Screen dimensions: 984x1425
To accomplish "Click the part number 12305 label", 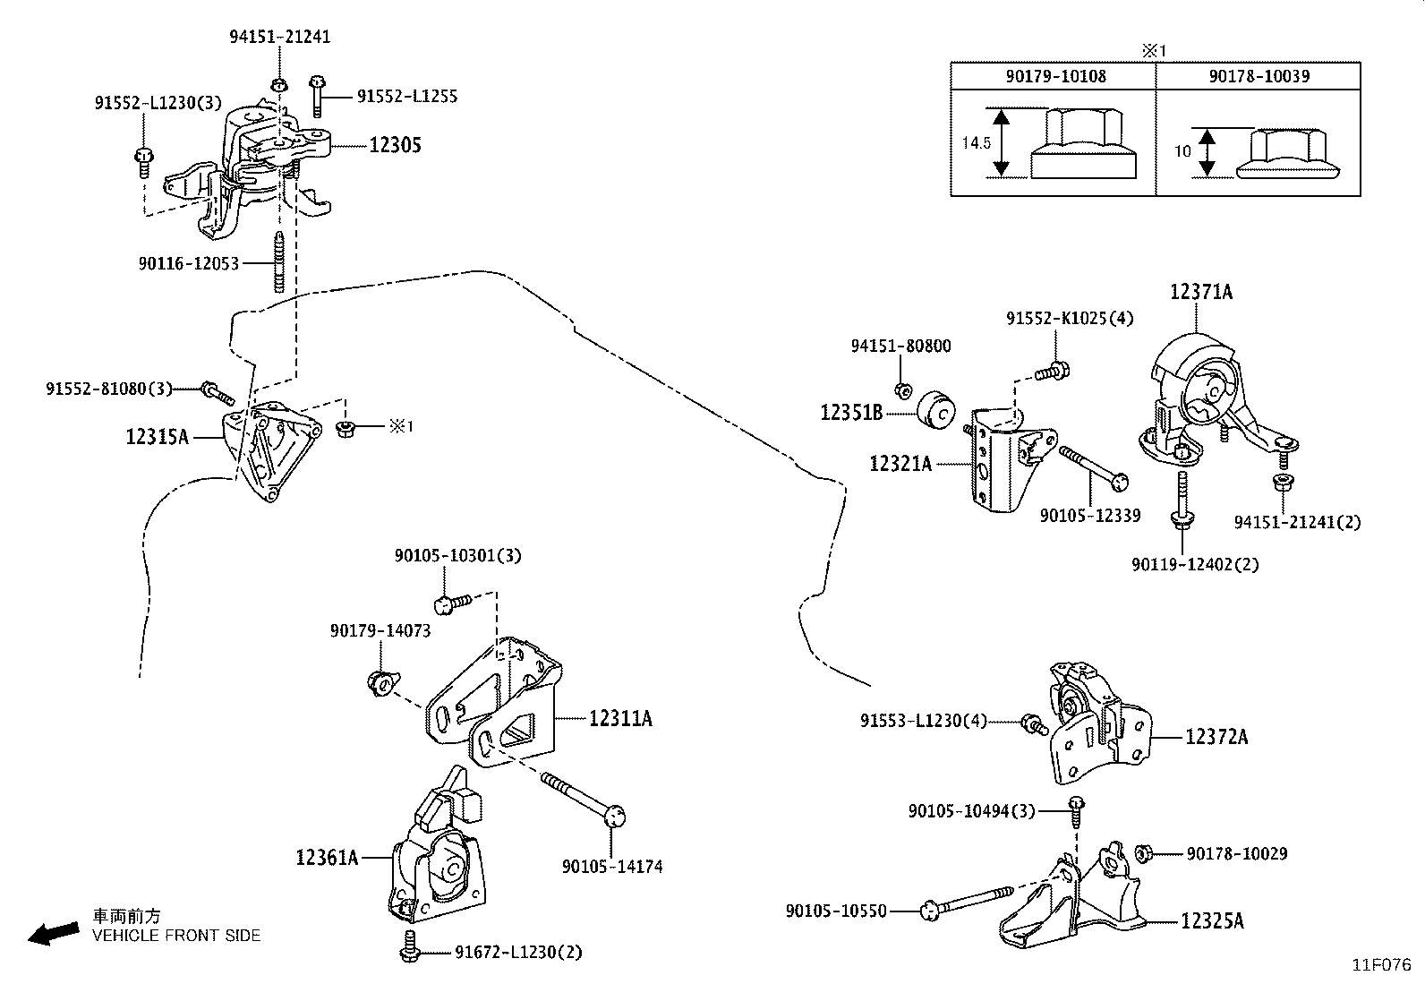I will pyautogui.click(x=395, y=145).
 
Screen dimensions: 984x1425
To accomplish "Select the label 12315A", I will pyautogui.click(x=158, y=437).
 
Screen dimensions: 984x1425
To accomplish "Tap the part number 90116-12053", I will pyautogui.click(x=189, y=263).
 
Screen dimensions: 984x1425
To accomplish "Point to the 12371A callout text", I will pyautogui.click(x=1201, y=292).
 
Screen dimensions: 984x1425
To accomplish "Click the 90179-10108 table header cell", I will pyautogui.click(x=1054, y=76).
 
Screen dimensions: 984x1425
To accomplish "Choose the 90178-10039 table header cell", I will pyautogui.click(x=1259, y=76).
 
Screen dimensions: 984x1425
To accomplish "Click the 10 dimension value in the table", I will pyautogui.click(x=1182, y=151).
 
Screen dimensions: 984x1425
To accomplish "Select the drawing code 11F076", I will pyautogui.click(x=1381, y=965).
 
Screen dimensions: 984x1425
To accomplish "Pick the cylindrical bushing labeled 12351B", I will pyautogui.click(x=938, y=411).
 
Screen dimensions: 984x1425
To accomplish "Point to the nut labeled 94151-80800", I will pyautogui.click(x=904, y=390).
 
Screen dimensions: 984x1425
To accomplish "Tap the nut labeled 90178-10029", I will pyautogui.click(x=1143, y=853).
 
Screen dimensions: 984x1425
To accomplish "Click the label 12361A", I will pyautogui.click(x=327, y=858).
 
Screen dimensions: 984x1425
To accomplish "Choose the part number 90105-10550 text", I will pyautogui.click(x=836, y=911).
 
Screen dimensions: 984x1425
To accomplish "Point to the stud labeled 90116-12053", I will pyautogui.click(x=279, y=261).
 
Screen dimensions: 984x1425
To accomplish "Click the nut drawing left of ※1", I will pyautogui.click(x=343, y=429).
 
